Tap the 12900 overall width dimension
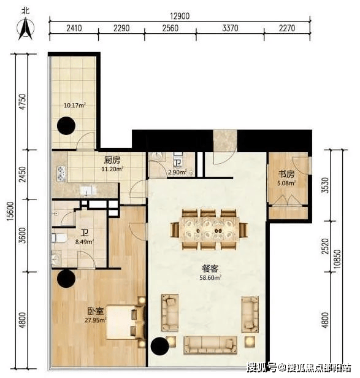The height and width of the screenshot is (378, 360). click(180, 16)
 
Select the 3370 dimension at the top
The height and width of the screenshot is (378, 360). click(230, 28)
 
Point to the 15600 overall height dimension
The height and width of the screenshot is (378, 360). click(10, 211)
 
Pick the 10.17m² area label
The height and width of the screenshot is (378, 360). click(75, 106)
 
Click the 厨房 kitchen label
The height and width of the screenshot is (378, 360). click(112, 160)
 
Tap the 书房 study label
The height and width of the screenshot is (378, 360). click(286, 174)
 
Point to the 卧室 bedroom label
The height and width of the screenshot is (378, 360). click(96, 311)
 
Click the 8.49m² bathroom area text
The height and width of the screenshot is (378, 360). click(85, 242)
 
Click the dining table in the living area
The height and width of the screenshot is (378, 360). click(209, 229)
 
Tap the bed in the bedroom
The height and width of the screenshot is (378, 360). click(126, 322)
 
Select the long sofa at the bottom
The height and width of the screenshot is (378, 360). click(210, 345)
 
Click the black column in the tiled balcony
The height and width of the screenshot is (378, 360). click(66, 126)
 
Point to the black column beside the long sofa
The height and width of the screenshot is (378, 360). click(159, 346)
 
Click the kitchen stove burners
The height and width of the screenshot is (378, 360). click(61, 174)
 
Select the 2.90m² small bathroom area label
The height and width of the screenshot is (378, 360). click(178, 172)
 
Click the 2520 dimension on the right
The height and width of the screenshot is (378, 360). click(326, 246)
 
